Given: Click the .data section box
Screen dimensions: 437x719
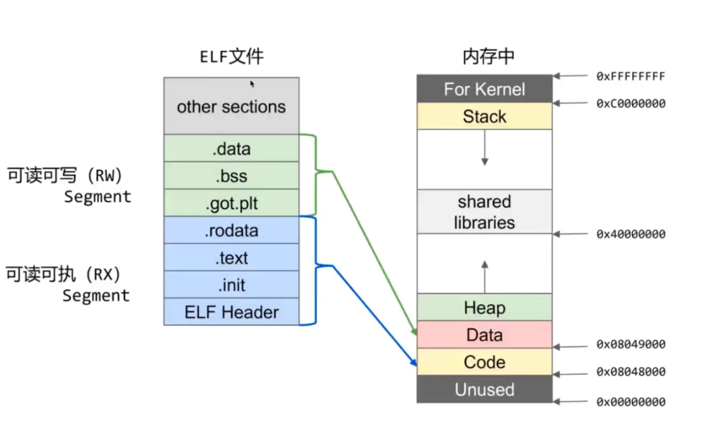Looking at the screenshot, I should pos(232,149).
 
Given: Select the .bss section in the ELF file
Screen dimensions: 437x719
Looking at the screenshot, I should pos(232,175).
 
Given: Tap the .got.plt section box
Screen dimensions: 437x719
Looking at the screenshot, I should pos(232,203).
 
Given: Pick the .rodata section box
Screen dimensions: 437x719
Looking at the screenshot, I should pos(232,231).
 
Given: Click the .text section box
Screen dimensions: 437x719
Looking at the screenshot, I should pos(232,257).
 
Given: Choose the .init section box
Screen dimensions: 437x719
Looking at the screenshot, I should pos(232,285).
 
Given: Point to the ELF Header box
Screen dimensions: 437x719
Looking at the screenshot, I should pos(232,312).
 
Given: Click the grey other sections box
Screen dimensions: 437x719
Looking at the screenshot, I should pos(232,106).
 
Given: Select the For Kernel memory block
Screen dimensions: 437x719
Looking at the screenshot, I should pos(484,89).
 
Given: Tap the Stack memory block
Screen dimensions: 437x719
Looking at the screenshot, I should pos(484,116).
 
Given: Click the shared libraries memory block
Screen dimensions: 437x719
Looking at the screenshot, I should pos(484,212).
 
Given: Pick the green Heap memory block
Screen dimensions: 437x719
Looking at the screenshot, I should pos(484,307).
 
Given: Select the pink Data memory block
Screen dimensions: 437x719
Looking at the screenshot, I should pos(484,335).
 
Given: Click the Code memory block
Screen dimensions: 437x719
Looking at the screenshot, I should pos(484,362).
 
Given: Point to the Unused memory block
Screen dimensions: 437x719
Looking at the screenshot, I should pos(484,389).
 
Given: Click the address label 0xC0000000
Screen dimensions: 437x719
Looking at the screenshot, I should pos(631,103).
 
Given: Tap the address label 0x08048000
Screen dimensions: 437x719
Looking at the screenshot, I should pos(631,372).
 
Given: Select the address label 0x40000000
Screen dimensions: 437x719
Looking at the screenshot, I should pos(631,234).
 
